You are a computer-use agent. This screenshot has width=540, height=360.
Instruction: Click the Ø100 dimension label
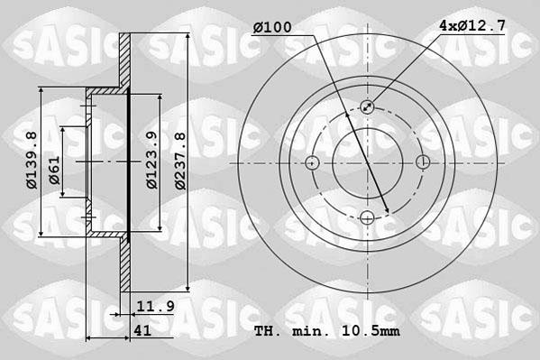[x=271, y=28]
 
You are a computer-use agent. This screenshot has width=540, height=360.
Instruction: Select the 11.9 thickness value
[x=154, y=306]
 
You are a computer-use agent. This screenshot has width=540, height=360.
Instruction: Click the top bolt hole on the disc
[x=367, y=107]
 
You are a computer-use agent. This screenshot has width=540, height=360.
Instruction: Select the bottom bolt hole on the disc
[x=367, y=217]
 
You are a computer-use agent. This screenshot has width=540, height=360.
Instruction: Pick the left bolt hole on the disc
[x=312, y=162]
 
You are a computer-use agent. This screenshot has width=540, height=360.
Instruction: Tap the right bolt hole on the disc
[x=422, y=162]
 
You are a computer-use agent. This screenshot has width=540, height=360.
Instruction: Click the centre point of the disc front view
[x=367, y=162]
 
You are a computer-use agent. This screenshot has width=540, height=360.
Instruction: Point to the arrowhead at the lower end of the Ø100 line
[x=387, y=213]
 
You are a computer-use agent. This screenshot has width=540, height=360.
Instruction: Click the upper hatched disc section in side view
[x=124, y=63]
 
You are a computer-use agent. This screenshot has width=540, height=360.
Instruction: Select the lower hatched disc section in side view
[x=124, y=262]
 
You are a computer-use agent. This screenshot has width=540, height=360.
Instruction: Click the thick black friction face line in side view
[x=130, y=162]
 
